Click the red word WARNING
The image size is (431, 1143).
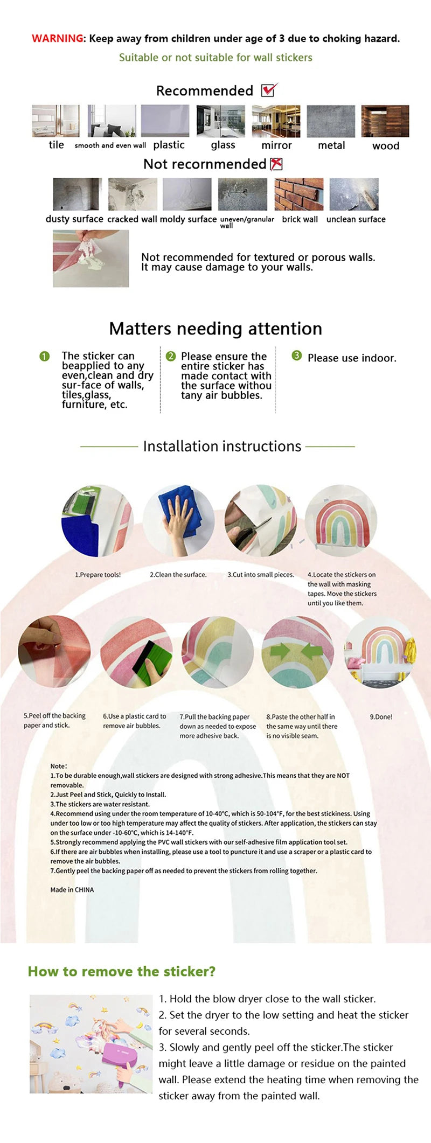[58, 38]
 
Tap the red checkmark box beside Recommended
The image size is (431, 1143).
[269, 90]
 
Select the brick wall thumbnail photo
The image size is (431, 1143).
[299, 194]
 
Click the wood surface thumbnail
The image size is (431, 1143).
[385, 121]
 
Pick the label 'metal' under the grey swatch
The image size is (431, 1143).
[331, 145]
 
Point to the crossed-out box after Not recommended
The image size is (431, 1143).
[276, 164]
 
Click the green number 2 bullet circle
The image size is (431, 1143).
[171, 356]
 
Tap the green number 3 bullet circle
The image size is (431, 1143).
[296, 356]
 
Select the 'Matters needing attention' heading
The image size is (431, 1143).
[215, 329]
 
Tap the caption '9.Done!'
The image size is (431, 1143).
[381, 717]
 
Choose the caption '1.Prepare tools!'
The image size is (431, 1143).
[98, 575]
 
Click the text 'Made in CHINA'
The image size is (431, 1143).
[72, 890]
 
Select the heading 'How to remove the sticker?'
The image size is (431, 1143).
[122, 971]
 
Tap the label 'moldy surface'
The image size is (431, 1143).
[188, 219]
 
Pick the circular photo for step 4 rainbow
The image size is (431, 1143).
[341, 521]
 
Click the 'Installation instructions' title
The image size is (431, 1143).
[222, 446]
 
